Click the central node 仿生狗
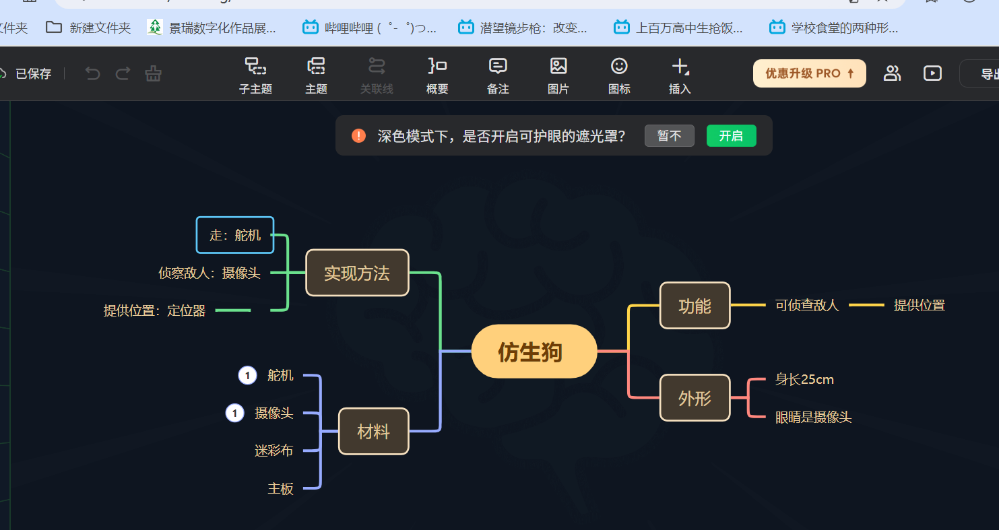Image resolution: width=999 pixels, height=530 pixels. [534, 352]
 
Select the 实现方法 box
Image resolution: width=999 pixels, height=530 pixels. [357, 273]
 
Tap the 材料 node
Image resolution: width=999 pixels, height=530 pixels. [374, 431]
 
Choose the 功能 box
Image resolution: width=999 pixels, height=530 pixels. [695, 306]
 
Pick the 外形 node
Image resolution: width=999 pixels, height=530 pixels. [695, 397]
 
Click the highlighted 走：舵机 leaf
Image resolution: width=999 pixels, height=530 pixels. [235, 235]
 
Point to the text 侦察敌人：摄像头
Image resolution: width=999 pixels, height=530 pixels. [210, 273]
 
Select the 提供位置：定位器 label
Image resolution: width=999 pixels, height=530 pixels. [154, 310]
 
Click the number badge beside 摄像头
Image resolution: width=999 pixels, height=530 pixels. [234, 413]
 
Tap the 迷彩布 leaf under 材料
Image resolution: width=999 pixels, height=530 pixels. [274, 451]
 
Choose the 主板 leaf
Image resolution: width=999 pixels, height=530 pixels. [280, 488]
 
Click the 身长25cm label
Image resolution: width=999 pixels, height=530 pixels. [804, 379]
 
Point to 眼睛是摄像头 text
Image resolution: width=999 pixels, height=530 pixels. [814, 418]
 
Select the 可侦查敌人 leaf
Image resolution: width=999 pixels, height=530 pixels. [807, 305]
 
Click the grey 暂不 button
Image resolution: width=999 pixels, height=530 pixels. [670, 135]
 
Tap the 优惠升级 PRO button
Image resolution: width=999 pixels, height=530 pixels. [810, 73]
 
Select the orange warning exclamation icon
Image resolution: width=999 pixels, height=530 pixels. [358, 135]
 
